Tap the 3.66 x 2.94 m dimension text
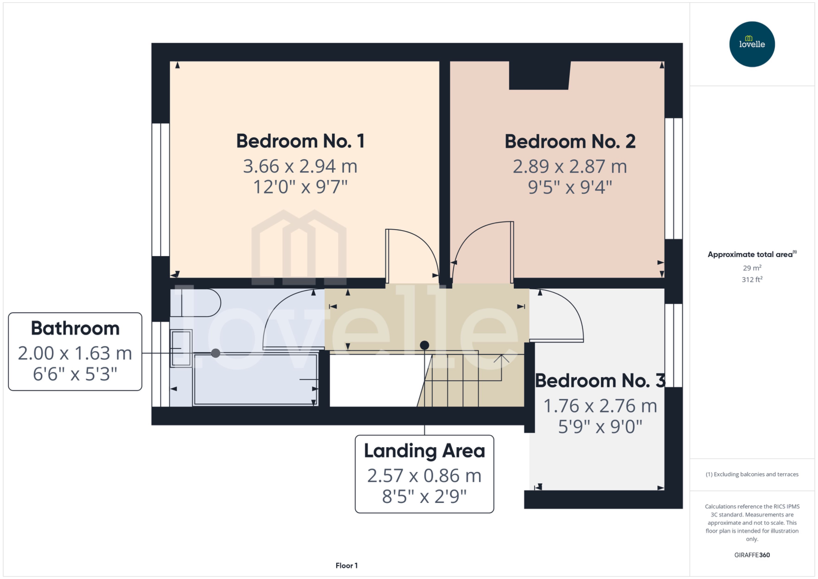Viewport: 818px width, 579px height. [x=300, y=166]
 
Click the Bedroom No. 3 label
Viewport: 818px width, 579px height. [x=600, y=381]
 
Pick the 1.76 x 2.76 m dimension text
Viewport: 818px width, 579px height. [x=600, y=406]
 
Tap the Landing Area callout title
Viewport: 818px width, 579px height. [x=424, y=451]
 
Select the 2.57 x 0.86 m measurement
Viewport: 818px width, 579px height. [x=424, y=476]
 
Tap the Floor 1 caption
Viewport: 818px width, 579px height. [x=346, y=565]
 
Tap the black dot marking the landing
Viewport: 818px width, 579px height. [x=424, y=345]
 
